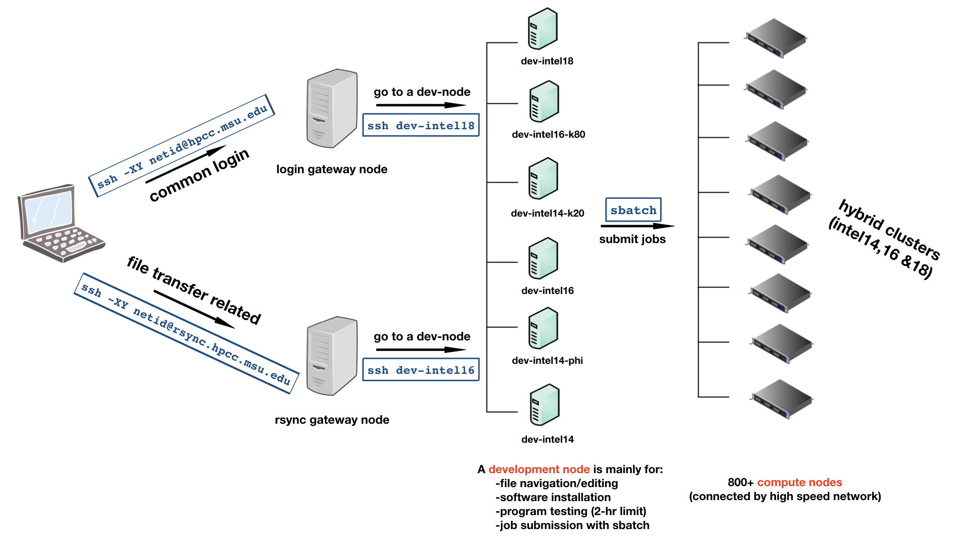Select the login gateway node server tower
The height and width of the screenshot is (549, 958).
pos(332,108)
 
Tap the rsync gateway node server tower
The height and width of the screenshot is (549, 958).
pos(332,355)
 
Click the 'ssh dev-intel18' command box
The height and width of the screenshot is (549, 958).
pos(421,125)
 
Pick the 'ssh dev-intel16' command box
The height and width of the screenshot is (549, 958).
pos(421,370)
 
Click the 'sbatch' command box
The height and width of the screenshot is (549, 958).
pos(633,210)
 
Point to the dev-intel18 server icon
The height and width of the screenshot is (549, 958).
pos(543,29)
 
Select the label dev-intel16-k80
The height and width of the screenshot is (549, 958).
pos(548,134)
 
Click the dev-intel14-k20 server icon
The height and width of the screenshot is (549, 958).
pos(543,179)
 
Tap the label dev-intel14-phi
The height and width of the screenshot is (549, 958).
pos(547,360)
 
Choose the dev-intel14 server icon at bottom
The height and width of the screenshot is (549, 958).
pos(544,405)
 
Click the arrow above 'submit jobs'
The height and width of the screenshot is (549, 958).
pos(637,226)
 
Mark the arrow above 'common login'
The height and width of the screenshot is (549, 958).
pos(186,164)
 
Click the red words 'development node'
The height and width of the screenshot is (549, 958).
pos(539,469)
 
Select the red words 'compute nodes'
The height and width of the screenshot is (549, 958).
pos(799,482)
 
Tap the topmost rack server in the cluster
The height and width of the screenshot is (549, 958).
pos(775,38)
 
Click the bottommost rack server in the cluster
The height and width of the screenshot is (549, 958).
pos(782,399)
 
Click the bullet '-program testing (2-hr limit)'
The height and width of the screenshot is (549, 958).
pos(570,511)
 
